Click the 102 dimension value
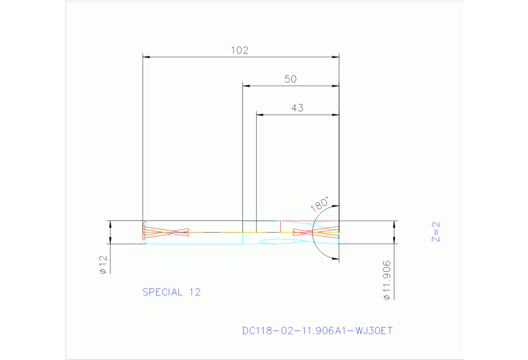click(x=240, y=50)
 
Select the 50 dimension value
click(x=291, y=79)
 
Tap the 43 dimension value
click(x=297, y=107)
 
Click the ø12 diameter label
click(x=103, y=265)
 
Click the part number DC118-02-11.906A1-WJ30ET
click(x=317, y=330)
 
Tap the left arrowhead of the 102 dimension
click(x=146, y=56)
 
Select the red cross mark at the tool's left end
click(x=166, y=232)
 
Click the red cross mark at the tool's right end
click(x=316, y=233)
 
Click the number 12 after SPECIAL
click(x=194, y=292)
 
